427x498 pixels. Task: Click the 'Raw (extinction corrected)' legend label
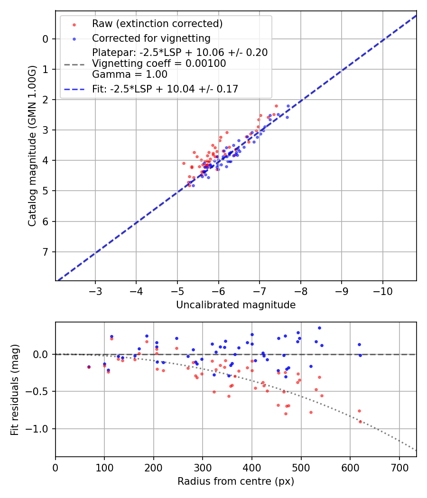(157, 24)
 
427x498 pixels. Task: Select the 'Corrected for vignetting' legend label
(151, 38)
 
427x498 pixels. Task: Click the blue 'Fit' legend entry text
(165, 89)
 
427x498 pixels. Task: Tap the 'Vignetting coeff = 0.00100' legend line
(158, 63)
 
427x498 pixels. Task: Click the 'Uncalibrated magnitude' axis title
(236, 305)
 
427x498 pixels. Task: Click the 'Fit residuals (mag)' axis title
(15, 389)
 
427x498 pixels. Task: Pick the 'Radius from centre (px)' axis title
(236, 481)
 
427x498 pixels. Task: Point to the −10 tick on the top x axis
(383, 291)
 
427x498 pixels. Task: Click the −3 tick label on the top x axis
(95, 291)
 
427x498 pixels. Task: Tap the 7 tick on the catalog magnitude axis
(46, 252)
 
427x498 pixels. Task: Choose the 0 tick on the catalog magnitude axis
(46, 39)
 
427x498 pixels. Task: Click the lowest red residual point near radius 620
(360, 422)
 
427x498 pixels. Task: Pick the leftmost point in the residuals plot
(89, 367)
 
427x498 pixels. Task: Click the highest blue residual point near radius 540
(319, 328)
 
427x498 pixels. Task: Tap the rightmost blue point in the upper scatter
(288, 106)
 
